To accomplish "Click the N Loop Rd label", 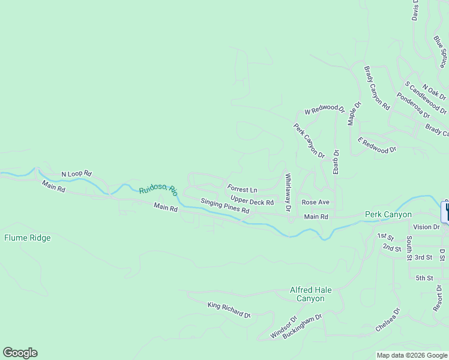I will coord(76,173).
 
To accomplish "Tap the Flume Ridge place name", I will coord(28,238).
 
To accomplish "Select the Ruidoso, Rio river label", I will coord(158,190).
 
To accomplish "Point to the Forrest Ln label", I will coord(242,190).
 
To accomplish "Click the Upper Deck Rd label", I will coord(252,202).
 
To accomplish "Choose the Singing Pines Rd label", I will coord(224,206).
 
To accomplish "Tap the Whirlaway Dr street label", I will coord(288,193).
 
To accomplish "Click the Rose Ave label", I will coord(315,202).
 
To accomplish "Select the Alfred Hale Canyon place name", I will coord(310,294).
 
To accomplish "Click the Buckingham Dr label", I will coord(303,326).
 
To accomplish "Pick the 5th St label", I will coord(424,278).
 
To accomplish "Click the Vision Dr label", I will coord(427,227).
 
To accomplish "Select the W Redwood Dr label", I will coord(325,111).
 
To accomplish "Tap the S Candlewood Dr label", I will coord(426,98).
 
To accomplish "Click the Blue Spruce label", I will coord(441,50).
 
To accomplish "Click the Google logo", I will coord(20,353).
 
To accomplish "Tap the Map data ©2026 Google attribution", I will coord(412,355).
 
